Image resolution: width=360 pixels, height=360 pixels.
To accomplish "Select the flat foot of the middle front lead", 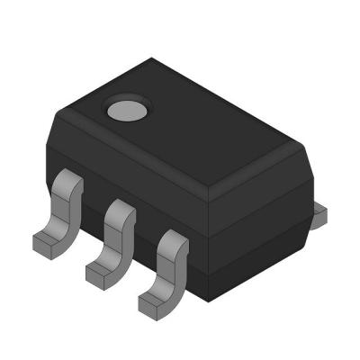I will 101,269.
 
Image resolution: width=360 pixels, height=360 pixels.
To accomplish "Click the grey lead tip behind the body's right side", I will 320,212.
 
